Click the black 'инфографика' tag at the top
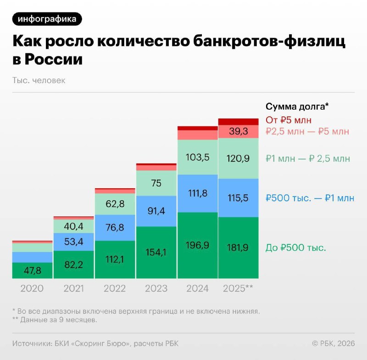tap(47, 19)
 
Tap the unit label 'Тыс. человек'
tap(39, 80)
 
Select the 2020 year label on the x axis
tap(32, 289)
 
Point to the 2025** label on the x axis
tap(238, 289)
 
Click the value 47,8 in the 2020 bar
tap(32, 271)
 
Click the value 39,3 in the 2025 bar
tap(239, 132)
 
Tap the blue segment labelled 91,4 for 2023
tap(156, 211)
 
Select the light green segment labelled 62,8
tap(115, 203)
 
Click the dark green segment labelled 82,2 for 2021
tap(73, 264)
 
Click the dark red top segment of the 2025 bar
tap(239, 122)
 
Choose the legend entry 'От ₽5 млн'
tap(289, 120)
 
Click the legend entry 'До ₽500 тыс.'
tap(296, 248)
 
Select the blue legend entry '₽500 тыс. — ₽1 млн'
tap(310, 198)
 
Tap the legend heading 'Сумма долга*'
tap(297, 107)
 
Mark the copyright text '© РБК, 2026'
tap(334, 343)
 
